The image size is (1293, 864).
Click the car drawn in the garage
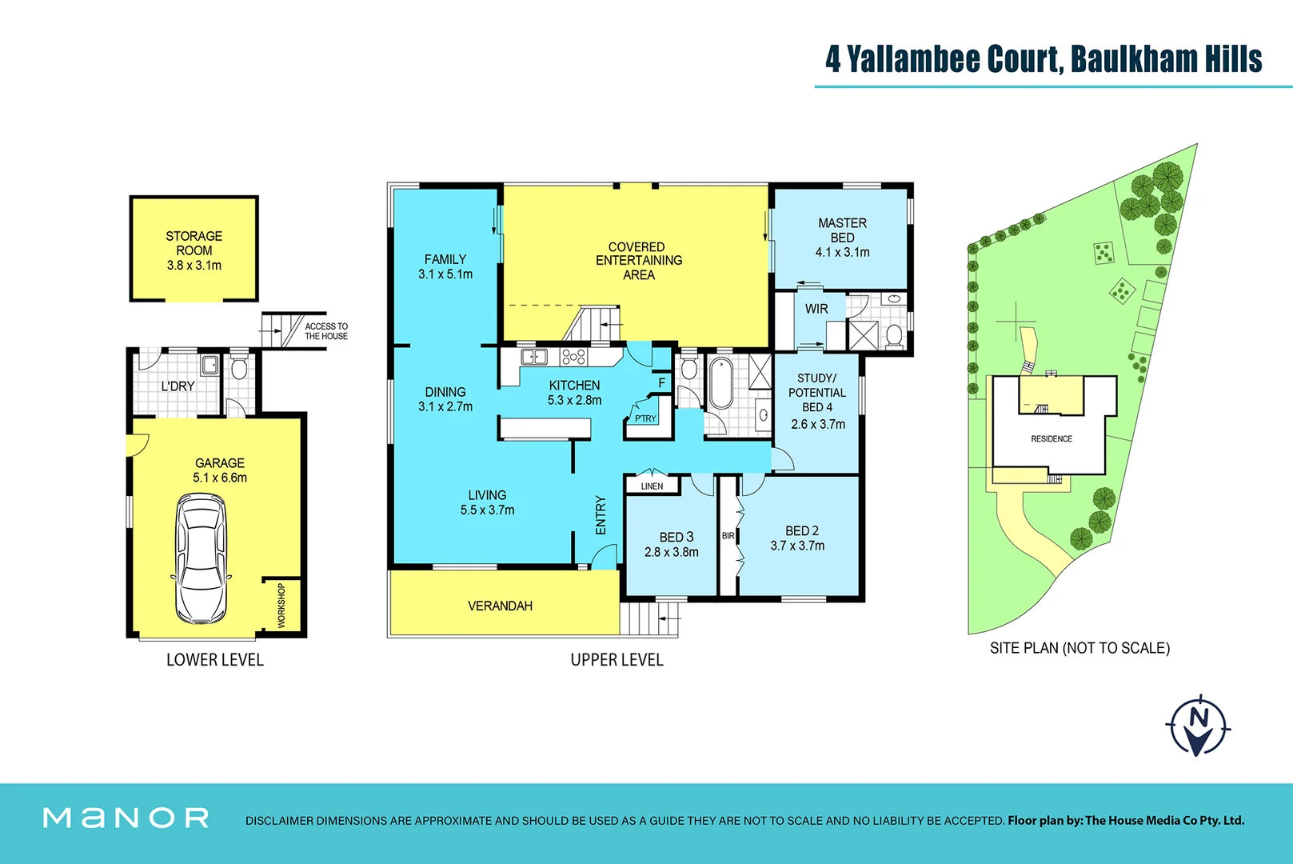(201, 558)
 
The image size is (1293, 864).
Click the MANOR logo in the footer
(126, 818)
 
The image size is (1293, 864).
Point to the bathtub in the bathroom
(720, 385)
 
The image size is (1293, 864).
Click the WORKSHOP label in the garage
(281, 605)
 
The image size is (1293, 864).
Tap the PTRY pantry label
(645, 418)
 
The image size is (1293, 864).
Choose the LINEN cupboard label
(652, 486)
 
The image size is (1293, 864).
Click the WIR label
(816, 309)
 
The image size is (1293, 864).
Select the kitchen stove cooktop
(574, 357)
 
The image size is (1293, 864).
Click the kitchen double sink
(533, 357)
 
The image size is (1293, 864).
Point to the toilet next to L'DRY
(239, 369)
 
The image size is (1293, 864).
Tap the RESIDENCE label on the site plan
(1051, 438)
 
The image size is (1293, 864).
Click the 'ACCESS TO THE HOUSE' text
(326, 331)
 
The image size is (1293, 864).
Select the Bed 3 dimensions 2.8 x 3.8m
(672, 552)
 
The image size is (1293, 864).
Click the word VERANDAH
(500, 606)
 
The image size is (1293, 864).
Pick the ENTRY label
(601, 514)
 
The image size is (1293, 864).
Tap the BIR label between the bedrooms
(728, 535)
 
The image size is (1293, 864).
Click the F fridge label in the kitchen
(661, 383)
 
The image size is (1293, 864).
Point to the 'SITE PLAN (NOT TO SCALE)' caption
(1079, 648)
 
